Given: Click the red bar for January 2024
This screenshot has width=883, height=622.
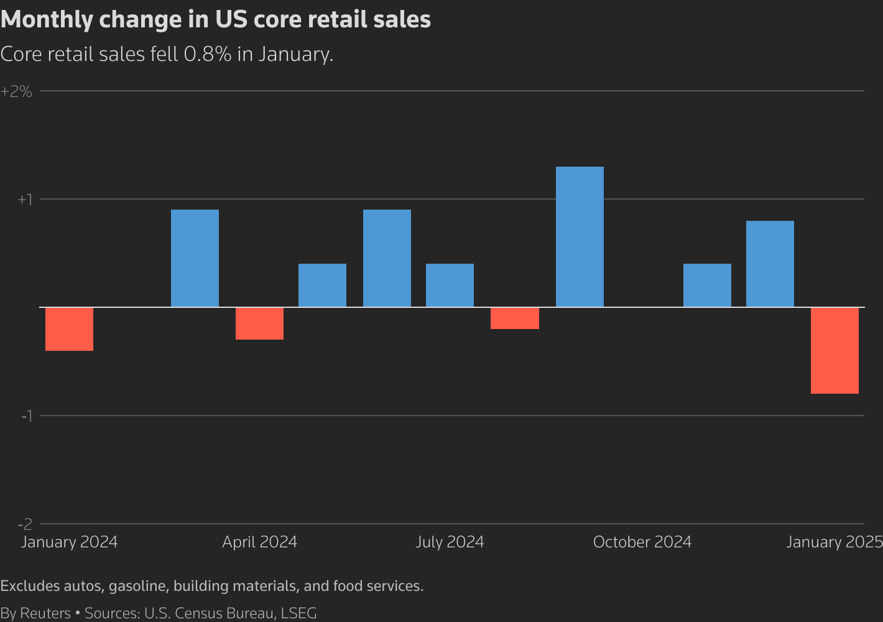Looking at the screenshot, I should pos(69,329).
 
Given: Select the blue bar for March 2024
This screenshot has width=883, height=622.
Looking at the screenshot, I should pos(195,258).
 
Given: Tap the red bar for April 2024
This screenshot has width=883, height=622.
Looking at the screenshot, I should pos(259,323).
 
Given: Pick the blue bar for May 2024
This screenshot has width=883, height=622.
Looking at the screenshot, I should pos(322,285).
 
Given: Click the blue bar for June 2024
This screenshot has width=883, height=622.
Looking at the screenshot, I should pos(387,258).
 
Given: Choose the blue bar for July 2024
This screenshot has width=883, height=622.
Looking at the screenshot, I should pos(450,285).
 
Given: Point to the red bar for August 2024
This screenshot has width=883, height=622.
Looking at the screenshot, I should pos(514,318).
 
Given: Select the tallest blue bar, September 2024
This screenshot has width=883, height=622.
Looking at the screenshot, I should pos(580,237).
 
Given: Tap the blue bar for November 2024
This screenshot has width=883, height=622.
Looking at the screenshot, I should pos(707,285).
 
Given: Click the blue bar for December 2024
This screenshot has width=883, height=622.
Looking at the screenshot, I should pos(770,264).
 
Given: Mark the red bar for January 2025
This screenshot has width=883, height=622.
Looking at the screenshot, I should pos(834,350).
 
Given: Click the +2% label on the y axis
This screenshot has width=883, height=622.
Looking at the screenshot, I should pos(16,92).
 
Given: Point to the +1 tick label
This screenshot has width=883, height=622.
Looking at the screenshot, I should pos(24,200).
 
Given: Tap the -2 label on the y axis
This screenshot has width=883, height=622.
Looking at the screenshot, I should pos(25,524).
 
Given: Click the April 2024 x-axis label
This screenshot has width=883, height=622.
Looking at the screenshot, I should pos(259,542).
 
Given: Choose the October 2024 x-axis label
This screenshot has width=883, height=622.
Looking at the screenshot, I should pos(642,542).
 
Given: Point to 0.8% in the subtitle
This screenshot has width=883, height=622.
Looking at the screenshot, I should pos(208,54).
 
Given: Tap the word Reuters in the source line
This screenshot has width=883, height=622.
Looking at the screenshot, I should pos(45,613).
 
